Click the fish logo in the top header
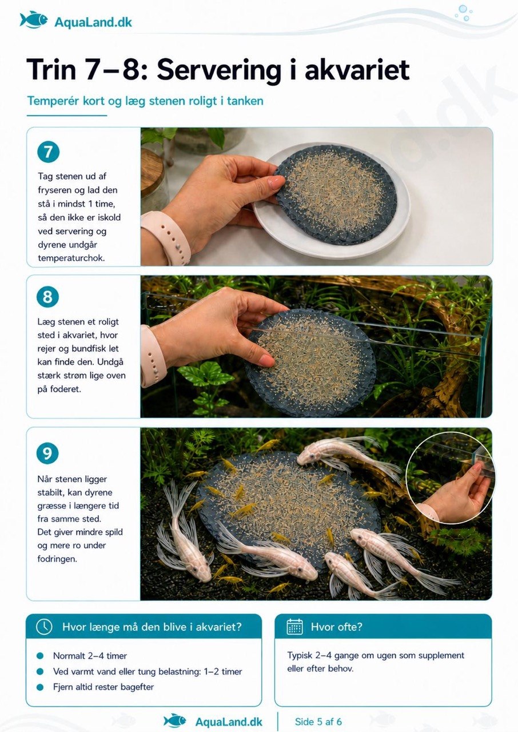pyautogui.click(x=34, y=20)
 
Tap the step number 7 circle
pyautogui.click(x=48, y=152)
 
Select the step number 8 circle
pyautogui.click(x=47, y=297)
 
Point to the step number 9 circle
pyautogui.click(x=47, y=453)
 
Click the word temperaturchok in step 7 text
pyautogui.click(x=71, y=258)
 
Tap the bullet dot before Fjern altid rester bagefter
pyautogui.click(x=40, y=687)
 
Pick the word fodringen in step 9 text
pyautogui.click(x=58, y=559)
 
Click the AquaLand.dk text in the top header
pyautogui.click(x=93, y=22)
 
